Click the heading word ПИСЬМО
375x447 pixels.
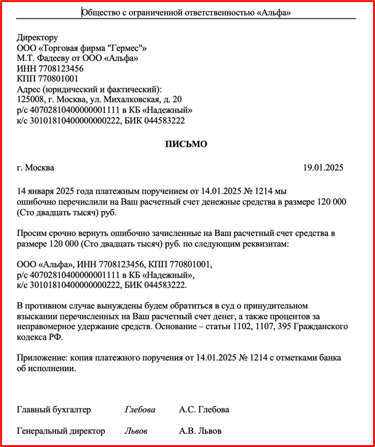tap(186, 144)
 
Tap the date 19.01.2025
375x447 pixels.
tap(323, 168)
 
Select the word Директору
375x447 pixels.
tap(38, 38)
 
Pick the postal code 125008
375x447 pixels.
tap(31, 99)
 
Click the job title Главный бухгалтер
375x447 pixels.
tap(54, 410)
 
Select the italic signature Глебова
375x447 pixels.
tap(140, 410)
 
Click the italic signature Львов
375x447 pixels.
tap(136, 431)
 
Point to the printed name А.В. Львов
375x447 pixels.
tap(200, 431)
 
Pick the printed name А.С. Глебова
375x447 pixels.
tap(204, 410)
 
